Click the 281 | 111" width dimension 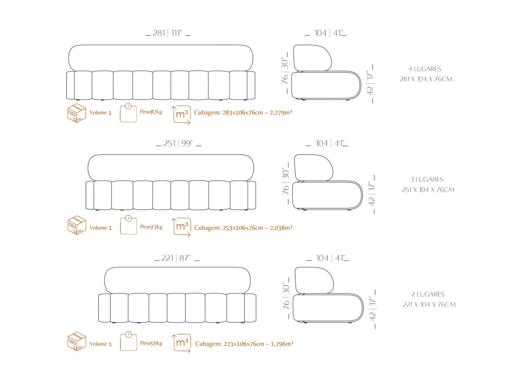167,33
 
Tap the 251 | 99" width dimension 178,143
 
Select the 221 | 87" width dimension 176,258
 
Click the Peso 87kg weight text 151,112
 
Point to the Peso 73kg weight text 151,227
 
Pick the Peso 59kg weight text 151,343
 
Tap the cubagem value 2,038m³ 281,228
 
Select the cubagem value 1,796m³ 282,344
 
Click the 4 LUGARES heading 425,69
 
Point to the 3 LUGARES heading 427,179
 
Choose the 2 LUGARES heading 428,294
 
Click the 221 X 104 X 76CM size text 429,305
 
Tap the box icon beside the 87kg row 77,113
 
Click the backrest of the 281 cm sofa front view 160,58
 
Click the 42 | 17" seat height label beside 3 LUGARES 372,194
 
